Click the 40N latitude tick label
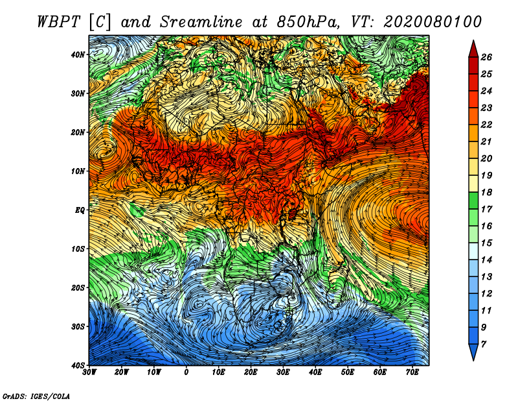coord(78,55)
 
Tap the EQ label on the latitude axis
coord(80,210)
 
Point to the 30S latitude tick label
coord(78,326)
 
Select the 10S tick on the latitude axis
coord(78,249)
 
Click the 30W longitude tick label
coord(89,372)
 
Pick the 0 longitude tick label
coord(186,372)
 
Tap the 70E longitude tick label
coord(412,372)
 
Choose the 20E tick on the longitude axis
coord(251,372)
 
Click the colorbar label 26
coord(486,57)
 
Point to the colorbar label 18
coord(486,192)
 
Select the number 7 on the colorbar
coord(484,345)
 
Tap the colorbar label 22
coord(486,125)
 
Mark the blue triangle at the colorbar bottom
coord(473,352)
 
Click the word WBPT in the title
coord(59,22)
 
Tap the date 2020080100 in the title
coord(433,22)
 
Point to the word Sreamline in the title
coord(201,22)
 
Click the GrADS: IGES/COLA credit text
coord(36,396)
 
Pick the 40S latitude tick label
coord(78,365)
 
